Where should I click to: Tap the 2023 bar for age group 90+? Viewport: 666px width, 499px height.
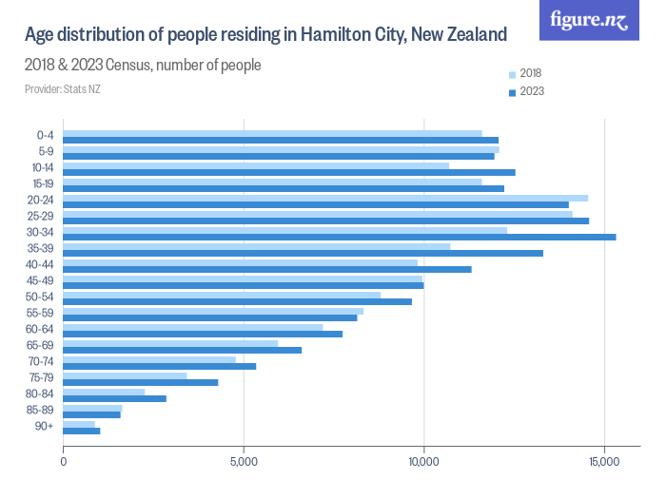(82, 431)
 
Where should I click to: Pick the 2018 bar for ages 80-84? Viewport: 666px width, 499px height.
(104, 392)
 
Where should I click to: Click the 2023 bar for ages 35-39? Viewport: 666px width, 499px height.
(303, 253)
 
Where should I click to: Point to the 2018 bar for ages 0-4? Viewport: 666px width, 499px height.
(272, 133)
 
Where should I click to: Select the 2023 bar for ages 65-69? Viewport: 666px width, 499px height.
(182, 350)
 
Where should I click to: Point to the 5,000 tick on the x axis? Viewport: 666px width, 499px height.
(244, 462)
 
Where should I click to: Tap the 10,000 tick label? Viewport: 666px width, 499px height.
(423, 462)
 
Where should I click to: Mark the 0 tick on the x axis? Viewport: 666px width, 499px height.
(64, 462)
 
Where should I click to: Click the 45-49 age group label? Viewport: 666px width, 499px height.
(45, 280)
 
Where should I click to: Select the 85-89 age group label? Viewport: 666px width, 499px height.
(45, 410)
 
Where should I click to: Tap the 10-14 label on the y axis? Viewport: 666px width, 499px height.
(45, 167)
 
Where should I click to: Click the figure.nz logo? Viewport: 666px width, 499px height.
(589, 20)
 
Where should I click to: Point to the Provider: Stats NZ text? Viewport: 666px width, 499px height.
(62, 89)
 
